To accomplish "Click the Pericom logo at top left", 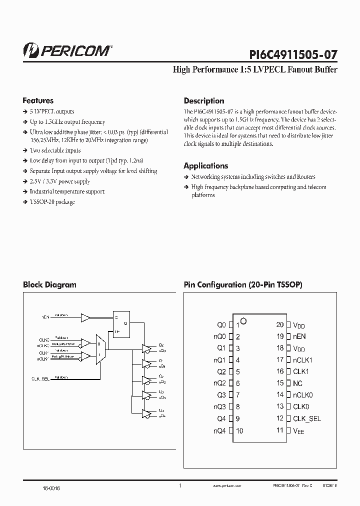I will tap(67, 50).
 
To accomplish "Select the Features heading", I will tap(38, 100).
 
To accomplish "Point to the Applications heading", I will tap(205, 166).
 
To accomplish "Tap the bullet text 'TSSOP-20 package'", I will tap(52, 202).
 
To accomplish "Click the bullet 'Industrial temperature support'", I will tap(67, 191).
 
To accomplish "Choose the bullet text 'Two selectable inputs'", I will tap(55, 150).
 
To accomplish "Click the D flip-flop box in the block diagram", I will tap(121, 323).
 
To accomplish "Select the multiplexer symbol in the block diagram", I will tap(98, 350).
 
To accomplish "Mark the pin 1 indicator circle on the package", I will tap(243, 320).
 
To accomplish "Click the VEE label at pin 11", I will tap(298, 430).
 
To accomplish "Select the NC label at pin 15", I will tap(298, 383).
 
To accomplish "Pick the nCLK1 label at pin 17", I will tap(302, 360).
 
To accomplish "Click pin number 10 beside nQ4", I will tap(239, 431).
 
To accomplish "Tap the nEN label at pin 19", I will tap(299, 336).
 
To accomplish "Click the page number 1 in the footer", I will tap(180, 485).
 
